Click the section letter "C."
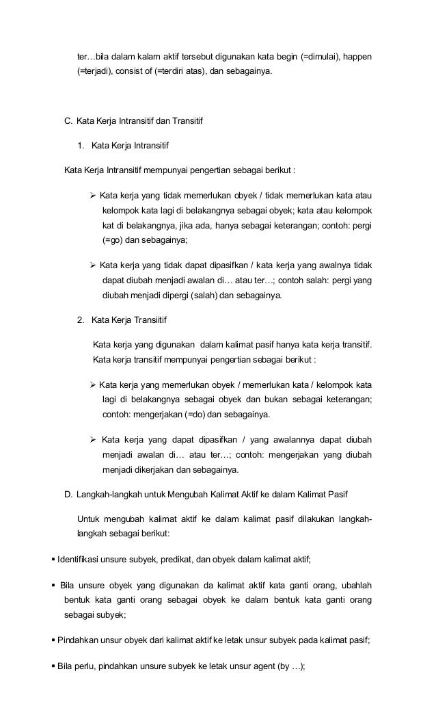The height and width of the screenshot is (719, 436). tap(68, 122)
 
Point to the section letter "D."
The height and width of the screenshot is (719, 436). tap(68, 494)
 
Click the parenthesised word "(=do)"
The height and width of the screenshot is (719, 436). tap(193, 415)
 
